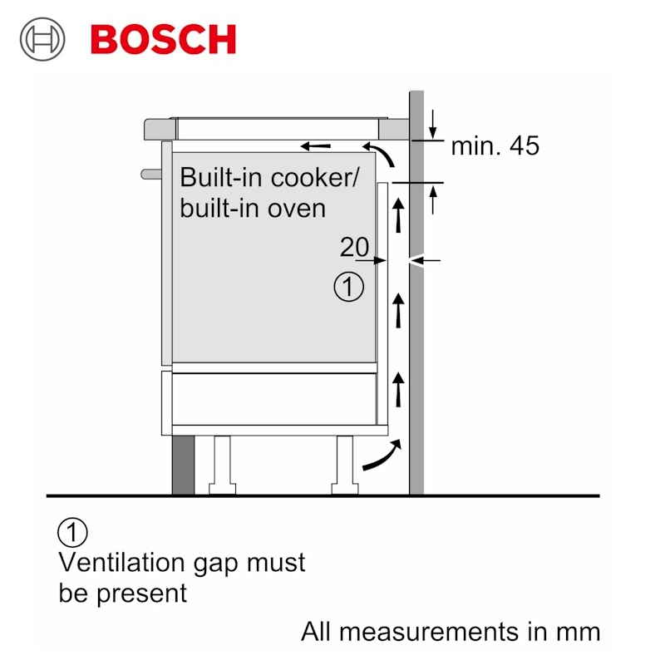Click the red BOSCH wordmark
tap(163, 39)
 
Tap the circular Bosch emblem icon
tap(42, 39)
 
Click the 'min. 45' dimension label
tap(495, 146)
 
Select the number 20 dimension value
tap(355, 246)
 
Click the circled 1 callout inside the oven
tap(348, 287)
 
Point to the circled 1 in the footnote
tap(72, 532)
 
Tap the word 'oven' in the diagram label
tap(297, 209)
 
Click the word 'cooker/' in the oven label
tap(315, 177)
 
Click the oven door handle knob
tap(151, 174)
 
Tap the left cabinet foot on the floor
tap(222, 465)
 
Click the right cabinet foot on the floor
tap(345, 465)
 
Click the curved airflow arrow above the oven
tap(382, 152)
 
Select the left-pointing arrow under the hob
tap(316, 147)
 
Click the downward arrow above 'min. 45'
tap(432, 124)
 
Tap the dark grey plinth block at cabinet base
tap(183, 465)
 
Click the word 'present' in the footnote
tap(141, 594)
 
